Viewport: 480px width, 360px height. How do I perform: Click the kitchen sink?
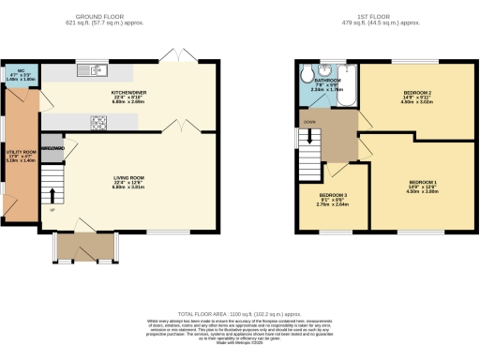click(x=94, y=69)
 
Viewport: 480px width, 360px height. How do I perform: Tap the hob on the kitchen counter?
click(x=98, y=119)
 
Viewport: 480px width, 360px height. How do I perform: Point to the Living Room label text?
click(x=129, y=181)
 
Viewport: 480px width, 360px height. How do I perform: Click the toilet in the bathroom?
click(x=306, y=75)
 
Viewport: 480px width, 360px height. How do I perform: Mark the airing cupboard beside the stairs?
click(x=52, y=149)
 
